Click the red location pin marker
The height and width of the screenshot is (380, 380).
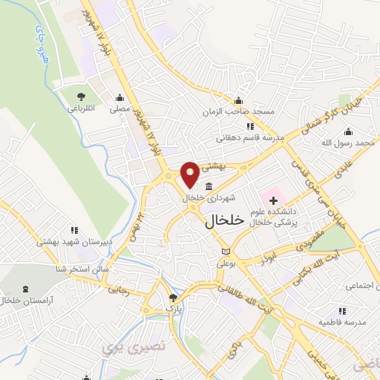[190, 174]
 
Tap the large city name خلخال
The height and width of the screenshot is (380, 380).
[224, 220]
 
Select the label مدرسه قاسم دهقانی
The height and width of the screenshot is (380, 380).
[241, 137]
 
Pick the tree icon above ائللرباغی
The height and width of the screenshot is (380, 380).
[82, 96]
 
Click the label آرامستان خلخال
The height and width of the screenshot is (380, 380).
[22, 301]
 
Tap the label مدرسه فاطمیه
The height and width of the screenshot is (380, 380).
[341, 324]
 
